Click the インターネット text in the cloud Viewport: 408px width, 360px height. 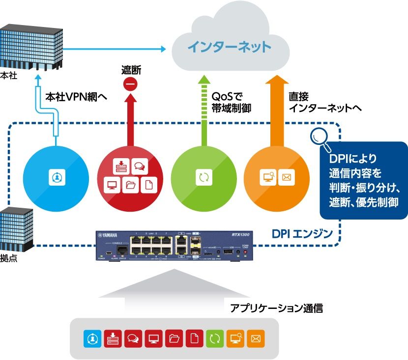[230, 47]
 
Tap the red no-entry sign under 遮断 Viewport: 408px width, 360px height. [131, 84]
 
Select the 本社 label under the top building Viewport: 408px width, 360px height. [8, 76]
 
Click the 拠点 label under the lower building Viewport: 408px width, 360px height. [8, 258]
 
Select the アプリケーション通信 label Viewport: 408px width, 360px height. [276, 308]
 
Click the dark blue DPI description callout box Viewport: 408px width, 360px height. [363, 180]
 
